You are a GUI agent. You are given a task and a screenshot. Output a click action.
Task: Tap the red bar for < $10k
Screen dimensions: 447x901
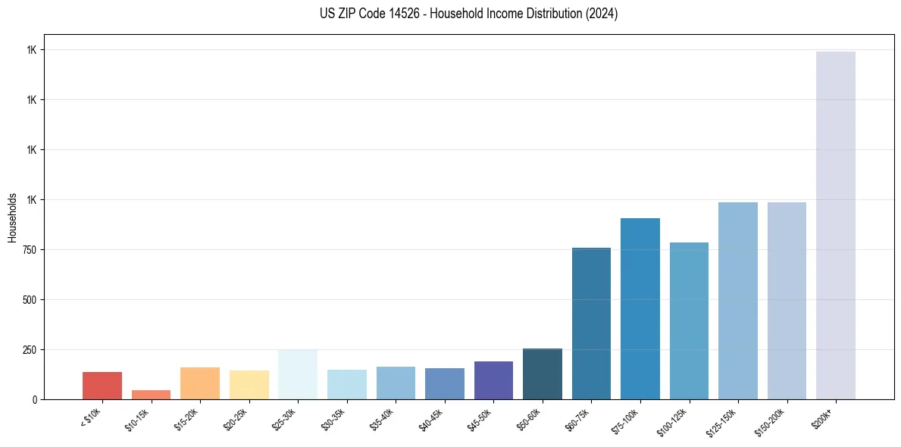[102, 386]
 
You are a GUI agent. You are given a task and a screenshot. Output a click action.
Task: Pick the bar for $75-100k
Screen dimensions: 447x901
[640, 308]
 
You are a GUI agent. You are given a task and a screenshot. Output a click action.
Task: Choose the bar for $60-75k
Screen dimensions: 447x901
[591, 324]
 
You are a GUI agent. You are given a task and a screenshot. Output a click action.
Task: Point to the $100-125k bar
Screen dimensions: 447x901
[689, 320]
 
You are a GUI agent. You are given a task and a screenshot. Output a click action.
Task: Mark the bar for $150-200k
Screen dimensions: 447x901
[787, 301]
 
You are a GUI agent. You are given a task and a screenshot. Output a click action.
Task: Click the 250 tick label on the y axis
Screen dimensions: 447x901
[31, 350]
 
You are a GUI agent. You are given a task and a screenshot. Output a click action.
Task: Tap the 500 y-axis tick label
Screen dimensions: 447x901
[31, 300]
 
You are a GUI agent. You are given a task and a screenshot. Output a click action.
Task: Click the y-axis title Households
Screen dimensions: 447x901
[12, 217]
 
